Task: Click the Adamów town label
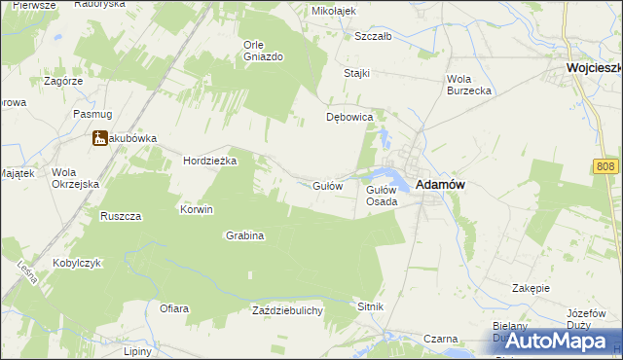pyautogui.click(x=438, y=184)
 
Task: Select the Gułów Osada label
pyautogui.click(x=381, y=196)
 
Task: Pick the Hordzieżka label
pyautogui.click(x=211, y=162)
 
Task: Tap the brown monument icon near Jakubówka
pyautogui.click(x=100, y=139)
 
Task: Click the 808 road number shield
pyautogui.click(x=605, y=167)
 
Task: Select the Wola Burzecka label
pyautogui.click(x=468, y=84)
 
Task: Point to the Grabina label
pyautogui.click(x=245, y=235)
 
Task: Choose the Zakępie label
pyautogui.click(x=531, y=289)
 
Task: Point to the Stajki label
pyautogui.click(x=357, y=73)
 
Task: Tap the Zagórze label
pyautogui.click(x=63, y=81)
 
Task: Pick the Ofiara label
pyautogui.click(x=174, y=308)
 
